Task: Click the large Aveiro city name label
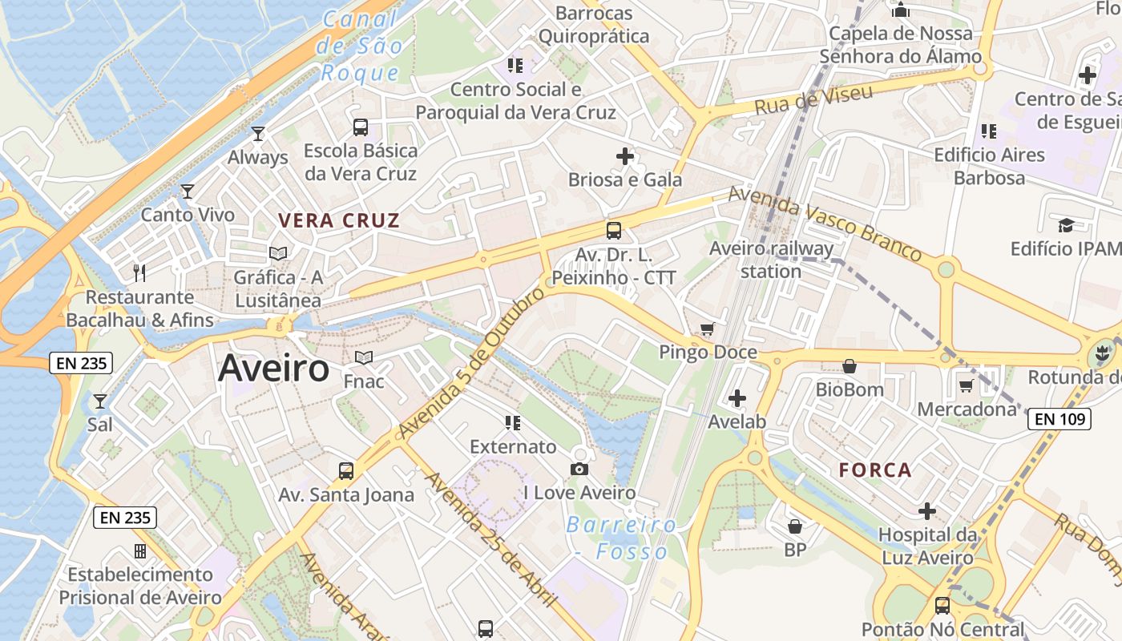point(273,368)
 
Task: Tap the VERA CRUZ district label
point(338,220)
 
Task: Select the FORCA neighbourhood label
point(875,470)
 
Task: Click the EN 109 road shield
point(1059,418)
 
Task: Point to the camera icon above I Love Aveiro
point(579,469)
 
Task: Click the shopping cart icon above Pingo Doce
point(707,329)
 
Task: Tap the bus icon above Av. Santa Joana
point(346,471)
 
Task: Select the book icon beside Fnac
point(364,357)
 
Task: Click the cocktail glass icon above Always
point(258,133)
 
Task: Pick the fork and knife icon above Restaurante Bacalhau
point(139,272)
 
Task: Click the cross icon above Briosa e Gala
point(625,156)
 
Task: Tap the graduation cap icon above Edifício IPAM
point(1065,225)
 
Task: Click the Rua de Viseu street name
point(813,100)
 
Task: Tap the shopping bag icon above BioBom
point(850,366)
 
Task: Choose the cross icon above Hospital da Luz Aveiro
point(927,510)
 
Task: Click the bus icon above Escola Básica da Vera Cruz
point(361,127)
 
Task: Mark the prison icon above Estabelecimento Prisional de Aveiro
point(140,551)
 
